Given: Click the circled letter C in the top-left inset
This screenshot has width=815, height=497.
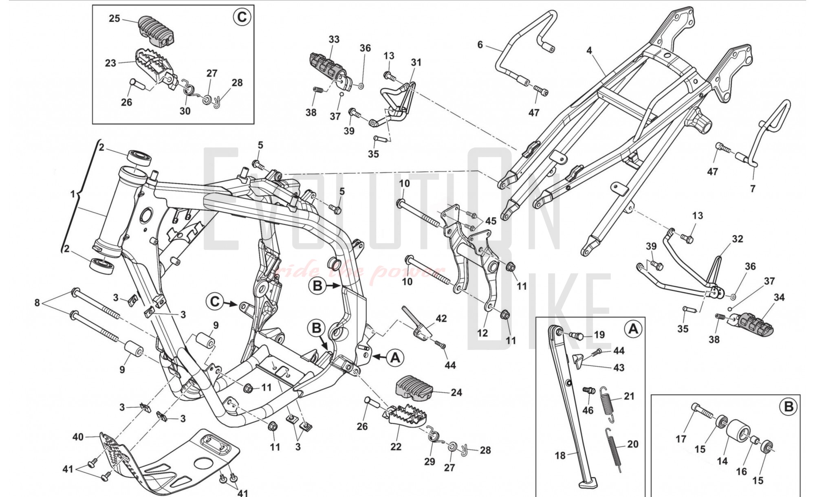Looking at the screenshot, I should tap(242, 17).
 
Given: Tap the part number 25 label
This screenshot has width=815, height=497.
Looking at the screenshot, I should tap(115, 19).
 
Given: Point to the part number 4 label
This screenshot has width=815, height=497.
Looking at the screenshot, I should tap(589, 51).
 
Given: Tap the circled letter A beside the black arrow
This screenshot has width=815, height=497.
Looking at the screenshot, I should tap(395, 357).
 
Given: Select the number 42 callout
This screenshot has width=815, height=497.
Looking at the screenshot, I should tap(441, 319).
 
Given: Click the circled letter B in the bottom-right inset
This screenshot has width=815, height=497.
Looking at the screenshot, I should tap(789, 407).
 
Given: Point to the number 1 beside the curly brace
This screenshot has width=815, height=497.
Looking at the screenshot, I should tap(73, 194).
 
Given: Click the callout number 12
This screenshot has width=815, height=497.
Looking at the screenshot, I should tap(482, 333).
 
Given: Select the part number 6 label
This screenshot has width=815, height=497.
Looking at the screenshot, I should tap(480, 44).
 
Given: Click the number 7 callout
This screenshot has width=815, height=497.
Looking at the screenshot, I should tap(753, 189).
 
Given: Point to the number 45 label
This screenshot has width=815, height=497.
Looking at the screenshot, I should tap(491, 221).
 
